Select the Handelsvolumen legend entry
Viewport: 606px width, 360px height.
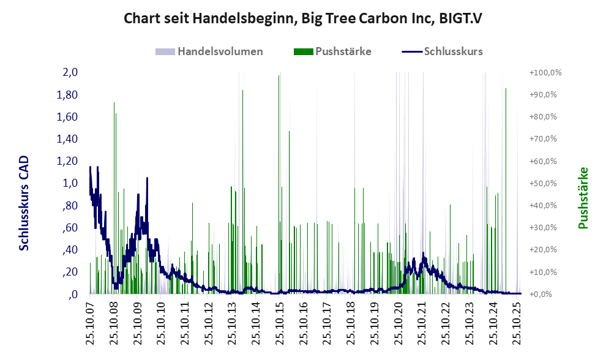click(220, 51)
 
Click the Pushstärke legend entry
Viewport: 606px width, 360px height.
click(343, 51)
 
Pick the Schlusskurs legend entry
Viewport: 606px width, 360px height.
click(453, 51)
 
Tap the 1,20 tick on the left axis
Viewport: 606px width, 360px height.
click(67, 161)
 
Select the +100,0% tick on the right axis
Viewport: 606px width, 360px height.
click(545, 72)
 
